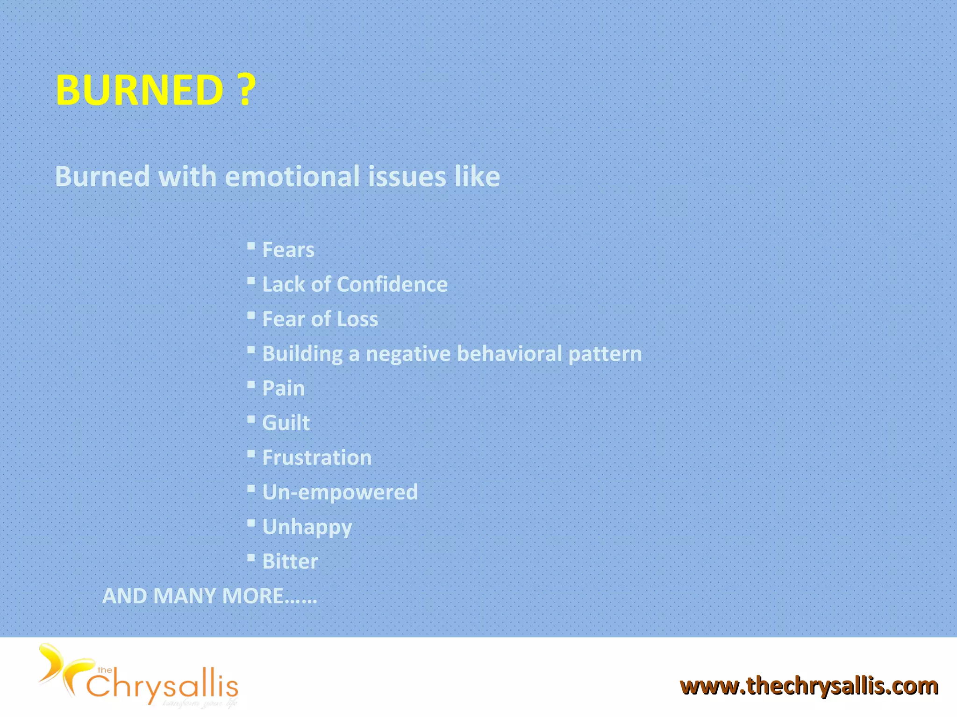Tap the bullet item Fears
point(288,250)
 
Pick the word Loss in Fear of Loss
point(357,319)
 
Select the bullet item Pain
point(283,388)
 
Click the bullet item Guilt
point(286,423)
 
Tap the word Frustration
point(317,457)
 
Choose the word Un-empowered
point(340,492)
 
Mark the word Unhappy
point(307,527)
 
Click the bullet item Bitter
point(290,562)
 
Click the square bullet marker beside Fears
point(251,246)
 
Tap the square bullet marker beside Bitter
point(251,558)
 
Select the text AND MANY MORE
point(209,596)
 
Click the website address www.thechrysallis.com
point(809,686)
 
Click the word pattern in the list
point(605,353)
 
